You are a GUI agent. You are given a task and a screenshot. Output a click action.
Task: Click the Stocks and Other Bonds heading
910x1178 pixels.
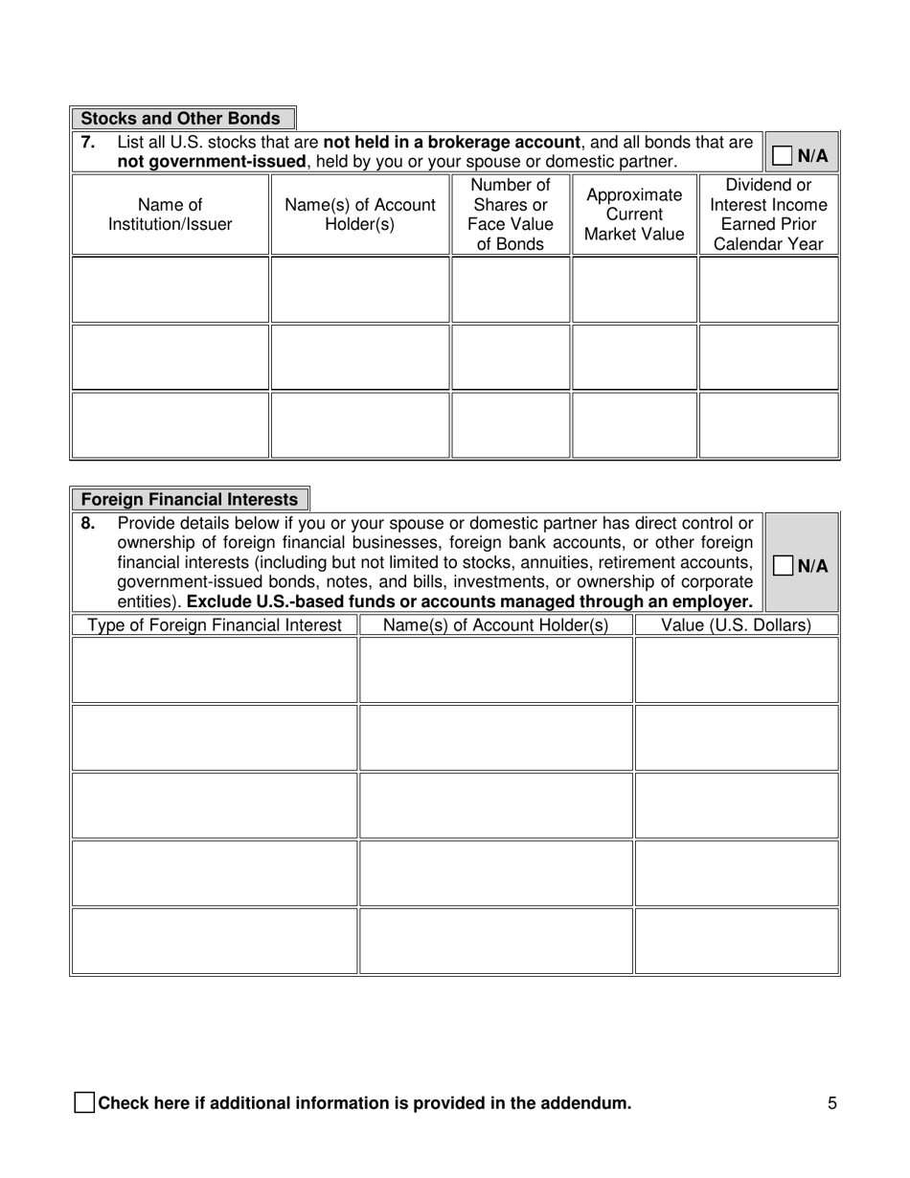point(181,119)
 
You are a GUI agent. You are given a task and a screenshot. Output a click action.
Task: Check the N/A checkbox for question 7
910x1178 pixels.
point(782,155)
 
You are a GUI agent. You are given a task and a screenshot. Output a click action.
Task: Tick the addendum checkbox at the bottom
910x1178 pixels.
point(84,1102)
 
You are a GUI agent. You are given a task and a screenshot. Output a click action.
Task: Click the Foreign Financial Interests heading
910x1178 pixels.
point(189,500)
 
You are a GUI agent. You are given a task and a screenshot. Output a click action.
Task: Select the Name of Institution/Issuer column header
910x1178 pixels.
point(171,215)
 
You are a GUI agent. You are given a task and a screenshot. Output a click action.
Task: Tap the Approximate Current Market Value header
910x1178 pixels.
point(634,215)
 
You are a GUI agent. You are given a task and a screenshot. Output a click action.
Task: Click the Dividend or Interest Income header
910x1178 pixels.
point(768,215)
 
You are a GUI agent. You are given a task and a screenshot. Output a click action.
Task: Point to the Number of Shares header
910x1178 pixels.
point(511,215)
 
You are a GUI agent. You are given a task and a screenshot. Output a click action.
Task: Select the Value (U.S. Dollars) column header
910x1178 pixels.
point(736,625)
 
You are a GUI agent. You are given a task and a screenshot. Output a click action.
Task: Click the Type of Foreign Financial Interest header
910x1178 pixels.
point(215,625)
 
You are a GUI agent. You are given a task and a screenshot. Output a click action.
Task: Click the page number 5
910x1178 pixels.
point(832,1103)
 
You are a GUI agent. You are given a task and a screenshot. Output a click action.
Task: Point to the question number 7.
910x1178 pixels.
point(87,143)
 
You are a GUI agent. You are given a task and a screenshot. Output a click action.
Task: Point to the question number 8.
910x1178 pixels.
point(87,524)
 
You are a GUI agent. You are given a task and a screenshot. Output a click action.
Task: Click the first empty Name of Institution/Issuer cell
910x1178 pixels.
point(171,289)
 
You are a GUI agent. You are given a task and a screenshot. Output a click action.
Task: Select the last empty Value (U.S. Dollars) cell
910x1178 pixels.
point(736,940)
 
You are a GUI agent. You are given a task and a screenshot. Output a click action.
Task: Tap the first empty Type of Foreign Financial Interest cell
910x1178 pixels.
point(215,670)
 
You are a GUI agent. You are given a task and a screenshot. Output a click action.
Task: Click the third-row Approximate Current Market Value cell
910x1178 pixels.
point(634,424)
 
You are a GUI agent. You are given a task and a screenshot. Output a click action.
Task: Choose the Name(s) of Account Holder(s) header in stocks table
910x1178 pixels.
point(360,215)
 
